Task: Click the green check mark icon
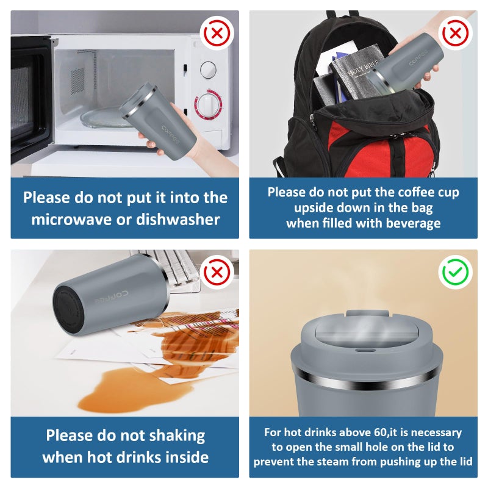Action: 455,272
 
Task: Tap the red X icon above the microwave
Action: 217,33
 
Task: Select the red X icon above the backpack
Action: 455,33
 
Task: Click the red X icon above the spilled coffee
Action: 217,272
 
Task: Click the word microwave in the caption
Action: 71,220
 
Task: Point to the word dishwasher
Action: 178,219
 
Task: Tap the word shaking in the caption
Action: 177,436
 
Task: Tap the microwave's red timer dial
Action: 208,105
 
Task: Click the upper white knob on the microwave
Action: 208,70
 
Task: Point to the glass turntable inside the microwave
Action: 104,118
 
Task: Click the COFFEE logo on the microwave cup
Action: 171,134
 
